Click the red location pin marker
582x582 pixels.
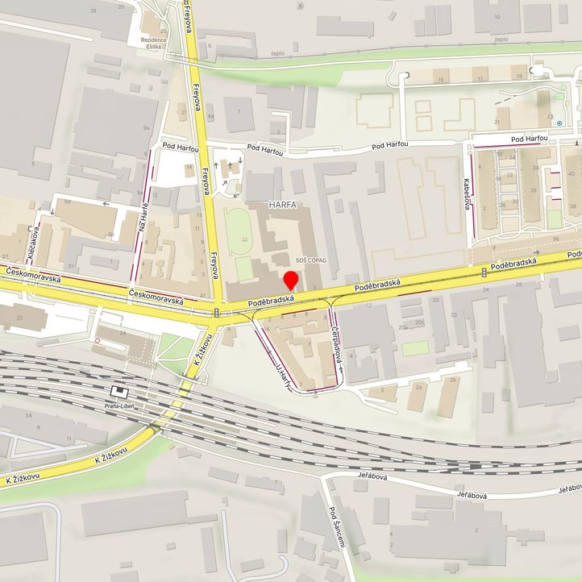(x=291, y=281)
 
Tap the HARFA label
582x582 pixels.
(x=279, y=205)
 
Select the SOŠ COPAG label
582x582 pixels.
(x=312, y=260)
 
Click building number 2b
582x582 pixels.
(x=452, y=380)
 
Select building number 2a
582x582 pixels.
(x=418, y=386)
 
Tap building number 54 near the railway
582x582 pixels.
(x=28, y=414)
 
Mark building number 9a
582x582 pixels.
(x=146, y=127)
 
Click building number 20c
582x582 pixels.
(x=419, y=322)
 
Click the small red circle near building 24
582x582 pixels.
(x=98, y=340)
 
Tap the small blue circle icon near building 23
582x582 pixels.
(x=559, y=123)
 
